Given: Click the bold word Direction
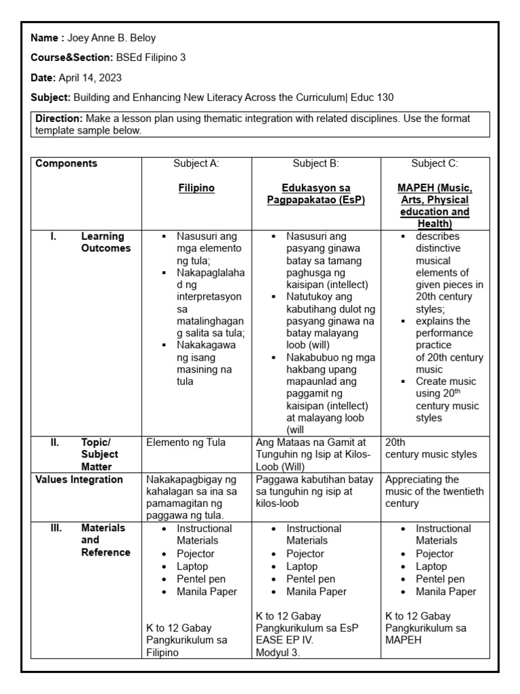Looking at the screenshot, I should coord(58,119).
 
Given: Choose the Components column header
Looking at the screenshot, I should coord(66,163).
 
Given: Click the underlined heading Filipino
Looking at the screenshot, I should coord(196,188).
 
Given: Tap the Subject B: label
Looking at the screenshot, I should coord(316,163).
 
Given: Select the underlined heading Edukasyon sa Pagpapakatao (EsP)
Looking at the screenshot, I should coord(316,194).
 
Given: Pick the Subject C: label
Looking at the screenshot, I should coord(435,163).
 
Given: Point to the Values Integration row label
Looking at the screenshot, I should coord(79,480).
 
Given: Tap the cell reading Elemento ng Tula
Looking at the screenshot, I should coord(186,443).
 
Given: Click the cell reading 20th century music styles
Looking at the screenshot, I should coord(431,448).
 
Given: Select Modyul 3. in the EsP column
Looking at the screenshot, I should coord(278,653).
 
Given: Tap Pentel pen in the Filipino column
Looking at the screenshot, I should coord(201,579).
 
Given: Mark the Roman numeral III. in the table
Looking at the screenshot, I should coord(56,528).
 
